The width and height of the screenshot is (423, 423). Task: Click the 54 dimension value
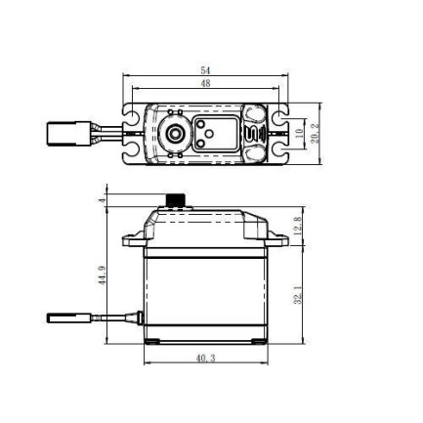coord(205,70)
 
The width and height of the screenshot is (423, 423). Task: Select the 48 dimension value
coord(205,83)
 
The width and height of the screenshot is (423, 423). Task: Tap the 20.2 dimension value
coord(315,133)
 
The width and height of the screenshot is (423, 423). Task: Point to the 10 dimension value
coord(300,132)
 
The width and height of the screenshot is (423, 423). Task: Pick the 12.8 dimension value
coord(297,228)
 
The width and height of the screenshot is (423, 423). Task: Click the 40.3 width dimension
coord(205,359)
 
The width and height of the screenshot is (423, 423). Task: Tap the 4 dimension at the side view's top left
coord(102,199)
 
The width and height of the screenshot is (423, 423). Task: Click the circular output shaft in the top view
coord(176,132)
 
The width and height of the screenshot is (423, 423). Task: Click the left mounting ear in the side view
coord(130,237)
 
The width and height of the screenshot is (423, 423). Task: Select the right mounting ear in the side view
coord(280,237)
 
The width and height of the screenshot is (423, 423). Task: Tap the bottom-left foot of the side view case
coord(153,341)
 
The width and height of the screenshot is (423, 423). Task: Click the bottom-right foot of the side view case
coord(256,341)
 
